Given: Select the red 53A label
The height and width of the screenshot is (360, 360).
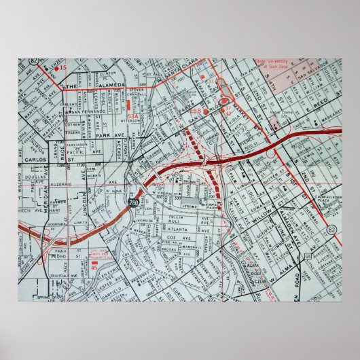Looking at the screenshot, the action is coord(132,116).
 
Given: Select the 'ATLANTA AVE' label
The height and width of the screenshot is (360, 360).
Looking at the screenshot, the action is coord(166,229).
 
